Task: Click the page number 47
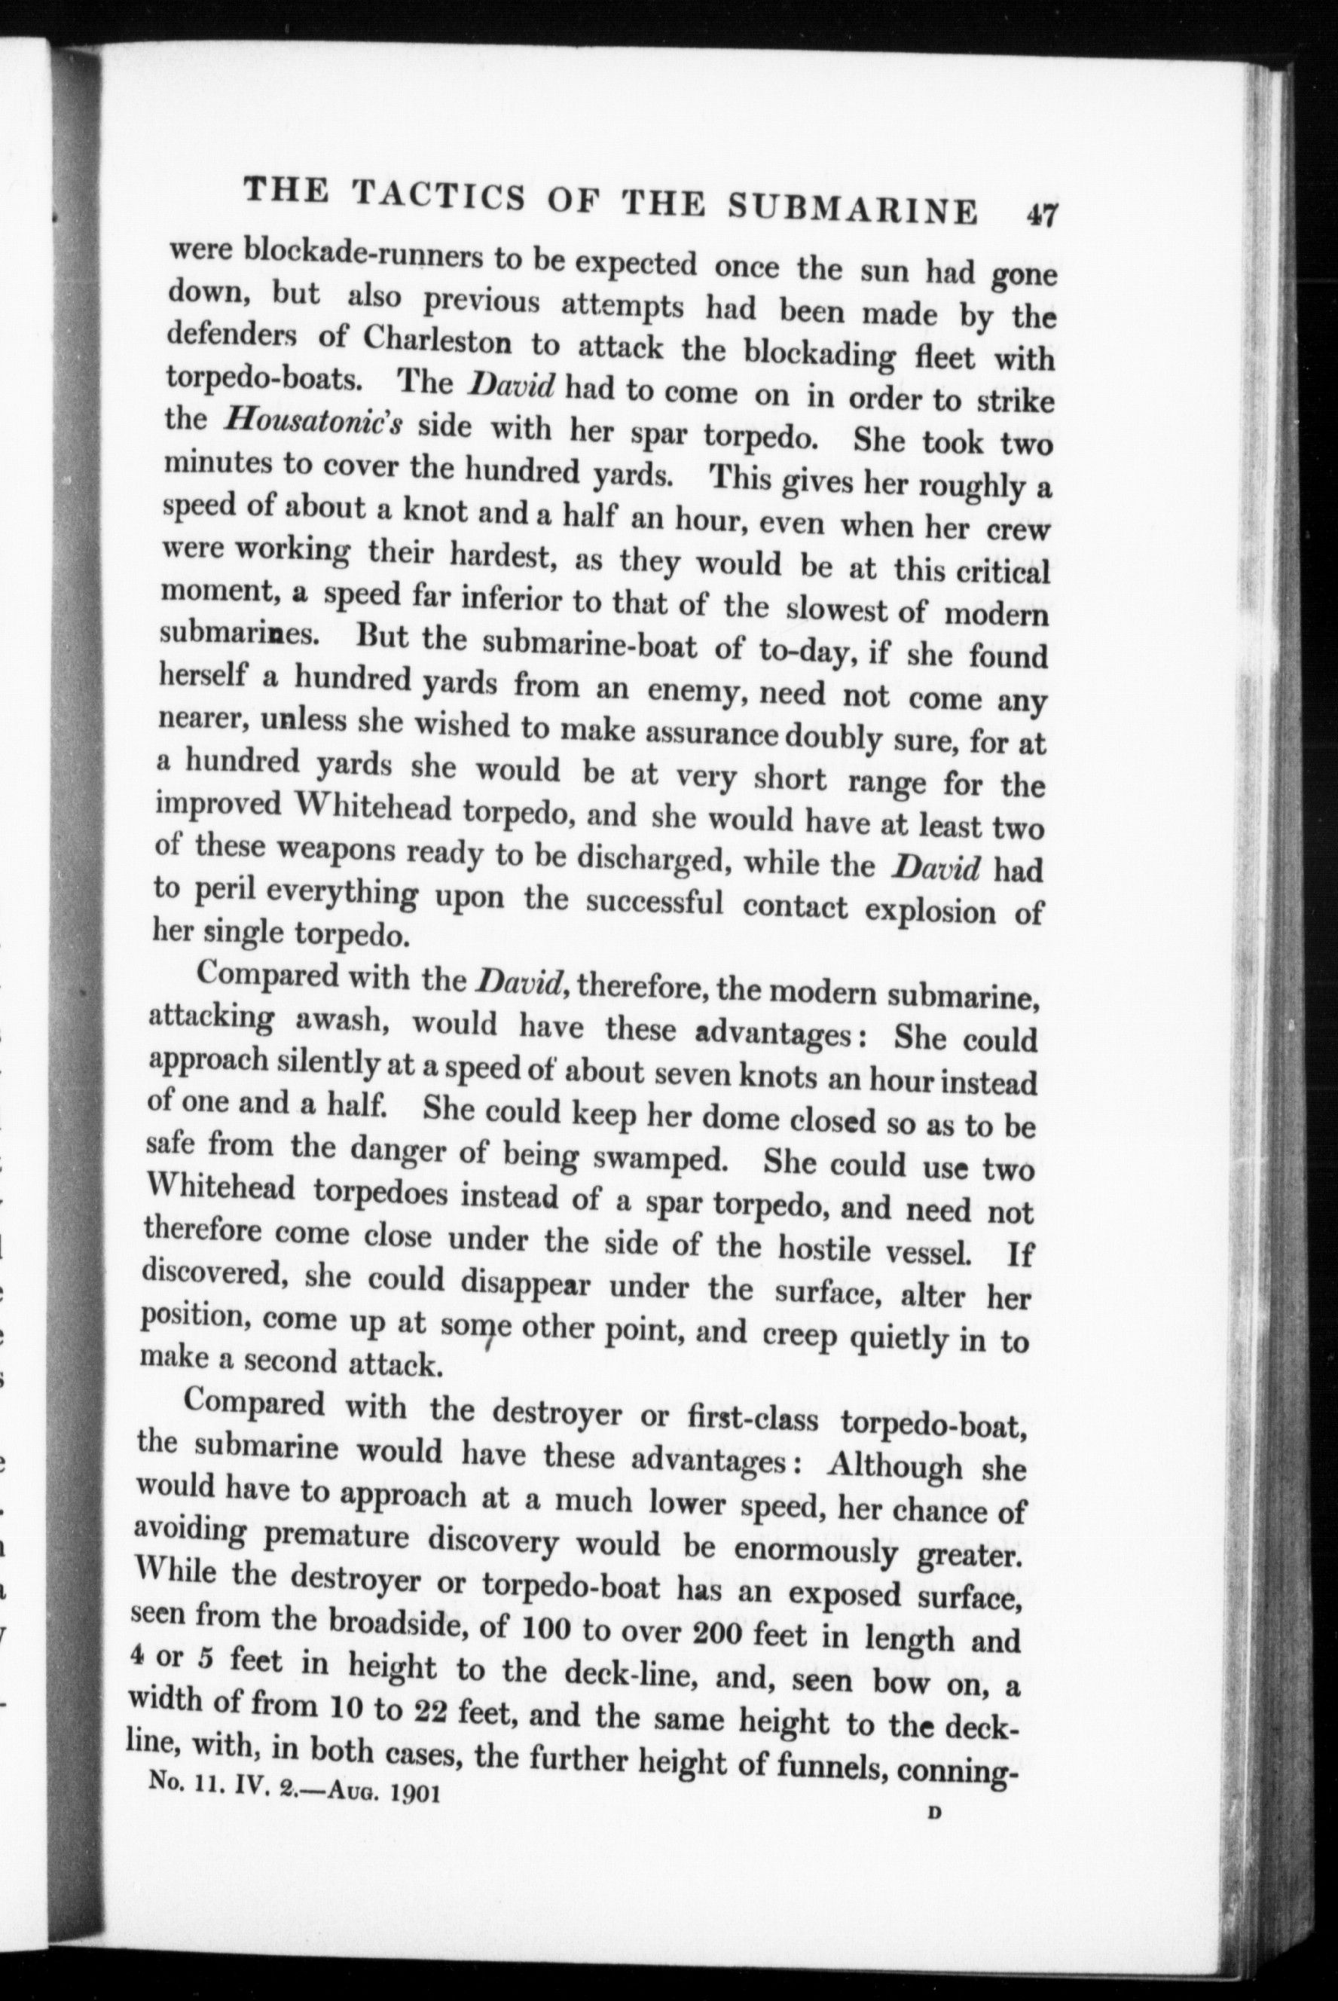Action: coord(1042,212)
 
